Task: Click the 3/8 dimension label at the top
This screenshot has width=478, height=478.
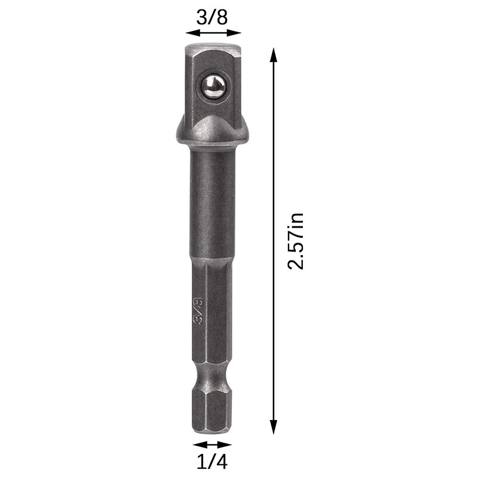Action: [x=212, y=17]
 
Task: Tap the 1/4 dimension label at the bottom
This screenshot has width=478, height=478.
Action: [x=212, y=462]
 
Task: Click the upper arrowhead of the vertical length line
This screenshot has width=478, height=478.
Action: [x=274, y=55]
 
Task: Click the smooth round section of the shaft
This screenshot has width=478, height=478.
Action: [x=212, y=203]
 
